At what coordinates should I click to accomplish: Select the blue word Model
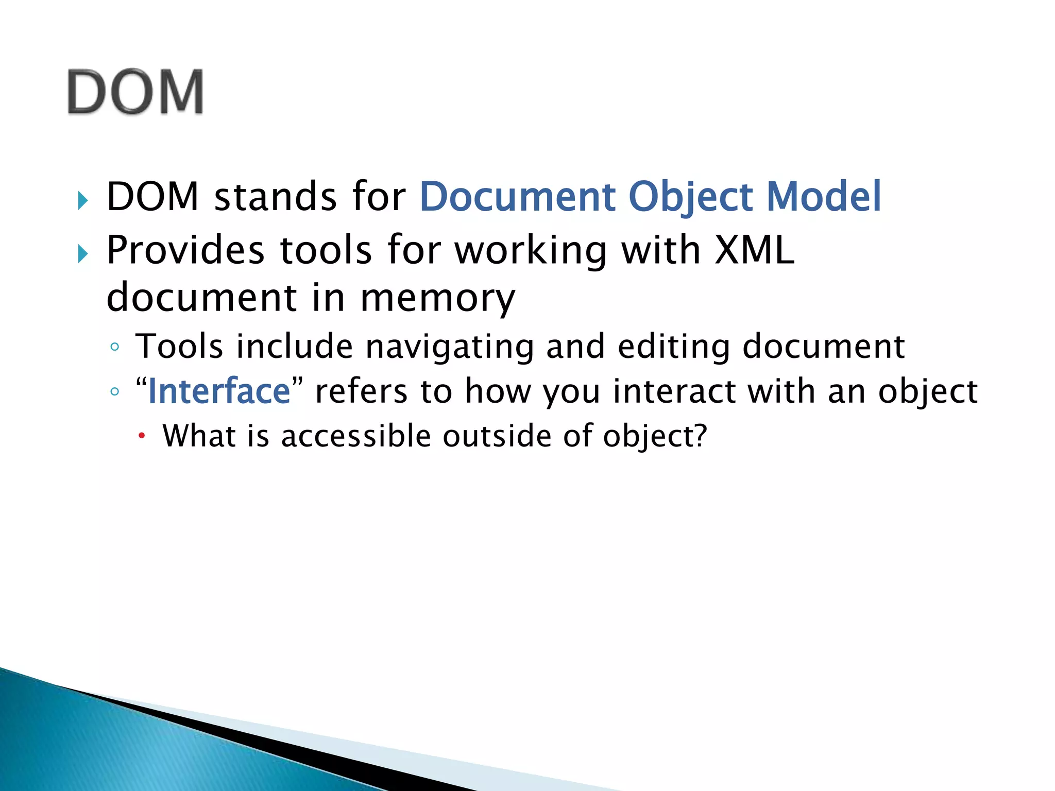(x=824, y=197)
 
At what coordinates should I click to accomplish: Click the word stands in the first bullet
(x=275, y=197)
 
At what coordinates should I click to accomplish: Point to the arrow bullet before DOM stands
(x=82, y=200)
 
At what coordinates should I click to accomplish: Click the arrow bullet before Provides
(x=82, y=253)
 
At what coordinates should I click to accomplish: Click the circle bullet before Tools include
(x=114, y=347)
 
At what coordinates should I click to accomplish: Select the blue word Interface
(x=219, y=391)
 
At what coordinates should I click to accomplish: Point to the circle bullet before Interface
(x=114, y=391)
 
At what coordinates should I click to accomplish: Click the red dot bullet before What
(x=142, y=437)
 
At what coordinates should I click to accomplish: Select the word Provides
(x=185, y=250)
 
